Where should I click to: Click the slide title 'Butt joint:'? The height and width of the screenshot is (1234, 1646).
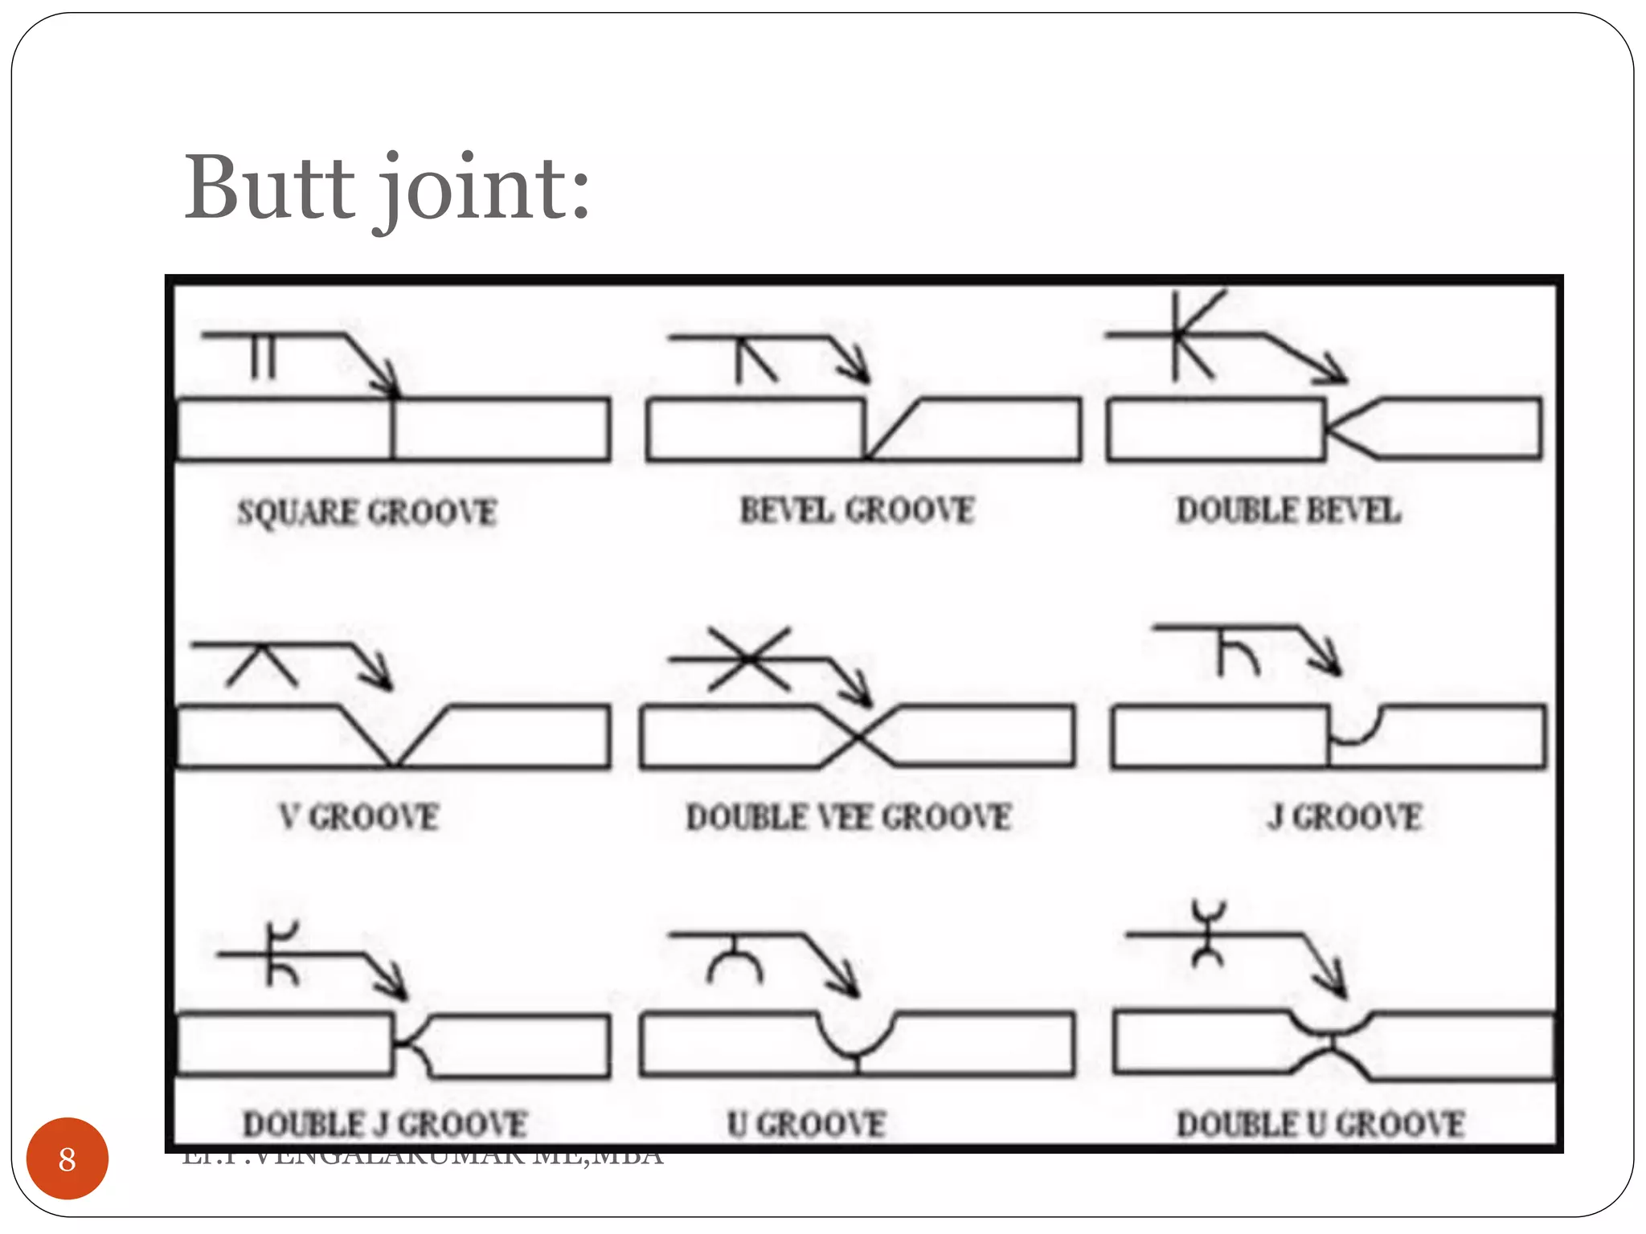pyautogui.click(x=387, y=190)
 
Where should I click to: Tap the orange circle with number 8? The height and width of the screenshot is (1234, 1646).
pyautogui.click(x=67, y=1158)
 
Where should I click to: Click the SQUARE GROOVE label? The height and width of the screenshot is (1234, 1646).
pyautogui.click(x=366, y=513)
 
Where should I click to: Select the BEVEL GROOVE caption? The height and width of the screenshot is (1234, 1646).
pyautogui.click(x=857, y=510)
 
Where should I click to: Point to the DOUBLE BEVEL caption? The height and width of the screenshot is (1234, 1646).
pyautogui.click(x=1288, y=510)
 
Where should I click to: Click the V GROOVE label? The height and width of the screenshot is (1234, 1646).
pyautogui.click(x=359, y=817)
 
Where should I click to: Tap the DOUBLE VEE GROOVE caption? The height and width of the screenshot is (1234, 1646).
pyautogui.click(x=849, y=817)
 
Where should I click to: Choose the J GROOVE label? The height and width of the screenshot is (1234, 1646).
pyautogui.click(x=1344, y=817)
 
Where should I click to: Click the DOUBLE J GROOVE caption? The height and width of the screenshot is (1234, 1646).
pyautogui.click(x=385, y=1123)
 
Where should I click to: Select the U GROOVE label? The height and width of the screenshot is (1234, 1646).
pyautogui.click(x=806, y=1123)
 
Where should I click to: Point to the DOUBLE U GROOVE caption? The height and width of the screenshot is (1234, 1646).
pyautogui.click(x=1320, y=1123)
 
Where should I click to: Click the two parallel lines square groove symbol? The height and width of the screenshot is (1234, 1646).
pyautogui.click(x=263, y=356)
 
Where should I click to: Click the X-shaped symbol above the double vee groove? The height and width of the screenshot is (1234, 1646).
pyautogui.click(x=749, y=660)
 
